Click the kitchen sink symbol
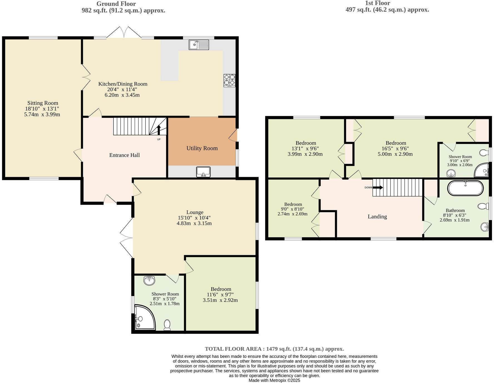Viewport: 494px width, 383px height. point(199,44)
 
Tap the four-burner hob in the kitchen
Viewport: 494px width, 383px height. point(229,80)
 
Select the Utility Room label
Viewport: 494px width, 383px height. point(202,148)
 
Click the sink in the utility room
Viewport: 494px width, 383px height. point(203,172)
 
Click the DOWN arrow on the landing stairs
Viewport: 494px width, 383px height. point(377,188)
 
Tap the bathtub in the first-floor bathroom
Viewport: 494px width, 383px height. point(465,188)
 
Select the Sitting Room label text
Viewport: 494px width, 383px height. point(43,103)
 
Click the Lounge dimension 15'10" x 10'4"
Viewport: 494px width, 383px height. point(194,218)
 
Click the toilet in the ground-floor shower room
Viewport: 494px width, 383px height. point(167,325)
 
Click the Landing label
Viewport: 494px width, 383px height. point(377,217)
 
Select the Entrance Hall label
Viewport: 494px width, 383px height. point(124,155)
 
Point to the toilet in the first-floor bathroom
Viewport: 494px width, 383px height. point(483,206)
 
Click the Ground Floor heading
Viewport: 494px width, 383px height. point(116,4)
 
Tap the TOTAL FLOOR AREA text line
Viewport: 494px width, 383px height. point(274,349)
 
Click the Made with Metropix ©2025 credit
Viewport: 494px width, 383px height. point(274,380)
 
